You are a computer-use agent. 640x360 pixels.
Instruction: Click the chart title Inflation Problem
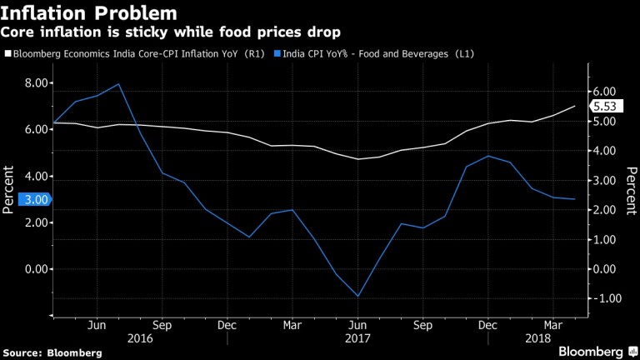tap(89, 13)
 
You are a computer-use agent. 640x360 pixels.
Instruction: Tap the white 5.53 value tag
tap(606, 106)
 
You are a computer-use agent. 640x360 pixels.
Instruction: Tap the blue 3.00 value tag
tap(23, 199)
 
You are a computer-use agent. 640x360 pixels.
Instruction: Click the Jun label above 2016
tap(97, 326)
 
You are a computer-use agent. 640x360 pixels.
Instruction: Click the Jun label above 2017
tap(357, 326)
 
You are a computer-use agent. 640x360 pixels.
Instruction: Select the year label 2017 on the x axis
tap(357, 340)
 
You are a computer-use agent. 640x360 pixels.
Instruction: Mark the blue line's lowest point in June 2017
tap(357, 296)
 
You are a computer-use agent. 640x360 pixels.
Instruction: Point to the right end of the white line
tap(575, 106)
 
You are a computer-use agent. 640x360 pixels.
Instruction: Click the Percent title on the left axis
tap(9, 190)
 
